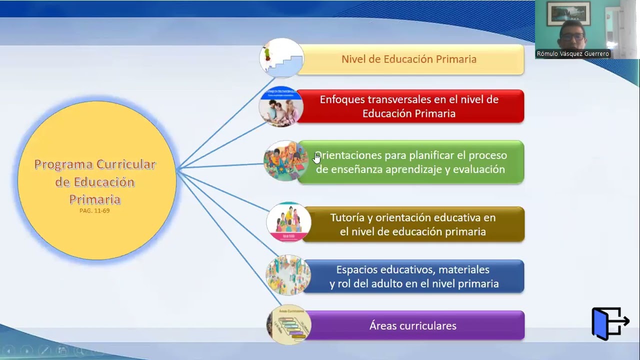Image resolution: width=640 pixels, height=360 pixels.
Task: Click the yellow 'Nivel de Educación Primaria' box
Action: (409, 59)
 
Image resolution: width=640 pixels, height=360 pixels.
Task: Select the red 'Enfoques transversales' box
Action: (409, 106)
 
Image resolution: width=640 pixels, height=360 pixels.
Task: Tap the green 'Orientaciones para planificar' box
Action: (410, 162)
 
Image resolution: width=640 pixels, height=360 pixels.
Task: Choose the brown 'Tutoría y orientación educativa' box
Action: (412, 224)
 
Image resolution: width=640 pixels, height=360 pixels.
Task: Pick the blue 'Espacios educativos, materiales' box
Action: (413, 276)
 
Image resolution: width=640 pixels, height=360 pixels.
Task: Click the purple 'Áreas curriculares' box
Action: (413, 326)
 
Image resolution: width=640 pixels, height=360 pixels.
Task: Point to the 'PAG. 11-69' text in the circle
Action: (94, 211)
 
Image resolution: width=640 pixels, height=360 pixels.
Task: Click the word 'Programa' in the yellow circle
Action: (63, 164)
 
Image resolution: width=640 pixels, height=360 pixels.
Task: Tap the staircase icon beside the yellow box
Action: (281, 58)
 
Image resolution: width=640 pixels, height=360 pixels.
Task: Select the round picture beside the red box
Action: (281, 106)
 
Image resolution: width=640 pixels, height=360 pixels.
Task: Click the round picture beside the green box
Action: (285, 161)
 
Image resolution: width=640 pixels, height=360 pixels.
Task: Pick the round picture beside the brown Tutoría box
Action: (288, 222)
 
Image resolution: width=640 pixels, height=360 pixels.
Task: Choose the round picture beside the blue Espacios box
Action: (288, 275)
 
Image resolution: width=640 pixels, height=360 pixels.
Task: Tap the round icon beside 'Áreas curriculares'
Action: (288, 325)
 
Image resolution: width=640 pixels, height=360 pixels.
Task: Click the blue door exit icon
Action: (609, 323)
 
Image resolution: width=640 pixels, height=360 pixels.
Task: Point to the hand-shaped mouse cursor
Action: (317, 158)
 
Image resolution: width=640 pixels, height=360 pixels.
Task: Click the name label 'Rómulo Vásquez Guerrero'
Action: (572, 54)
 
